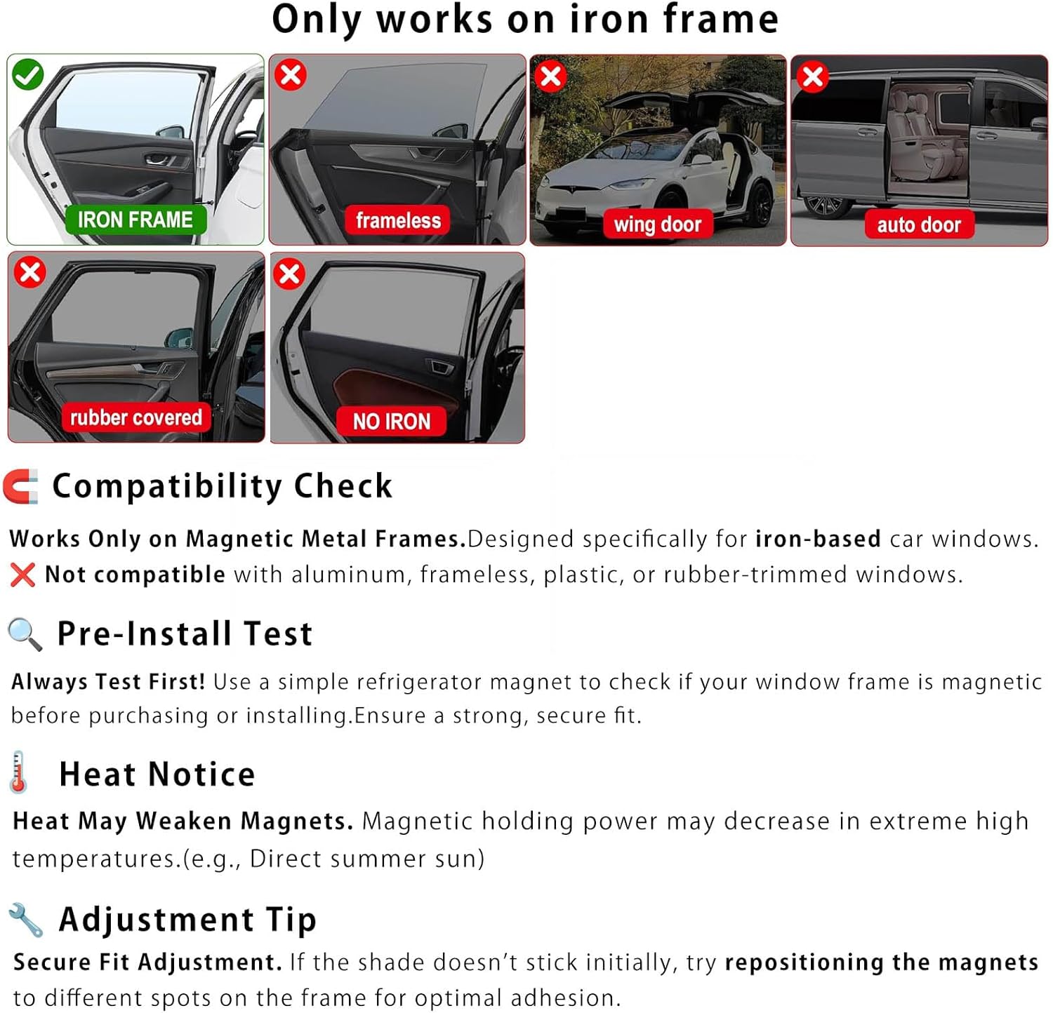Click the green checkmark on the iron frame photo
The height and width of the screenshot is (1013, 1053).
28,75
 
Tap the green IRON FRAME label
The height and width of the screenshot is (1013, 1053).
135,220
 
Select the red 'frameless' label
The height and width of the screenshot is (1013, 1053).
398,220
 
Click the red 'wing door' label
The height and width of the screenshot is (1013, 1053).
657,224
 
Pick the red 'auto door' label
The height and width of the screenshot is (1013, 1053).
918,224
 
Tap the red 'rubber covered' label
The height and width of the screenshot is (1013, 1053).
135,417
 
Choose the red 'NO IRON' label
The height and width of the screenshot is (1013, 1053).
391,421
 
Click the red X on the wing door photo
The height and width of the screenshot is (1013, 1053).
551,76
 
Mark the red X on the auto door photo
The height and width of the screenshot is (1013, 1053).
813,76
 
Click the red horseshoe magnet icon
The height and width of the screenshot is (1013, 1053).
21,486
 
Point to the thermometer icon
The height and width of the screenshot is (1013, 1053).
19,772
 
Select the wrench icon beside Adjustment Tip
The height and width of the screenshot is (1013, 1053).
26,920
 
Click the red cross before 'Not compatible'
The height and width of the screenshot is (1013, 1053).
22,575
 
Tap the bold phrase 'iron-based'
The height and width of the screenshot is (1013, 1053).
818,539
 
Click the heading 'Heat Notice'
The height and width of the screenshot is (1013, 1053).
157,774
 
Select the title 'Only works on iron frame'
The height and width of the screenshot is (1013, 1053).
525,20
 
